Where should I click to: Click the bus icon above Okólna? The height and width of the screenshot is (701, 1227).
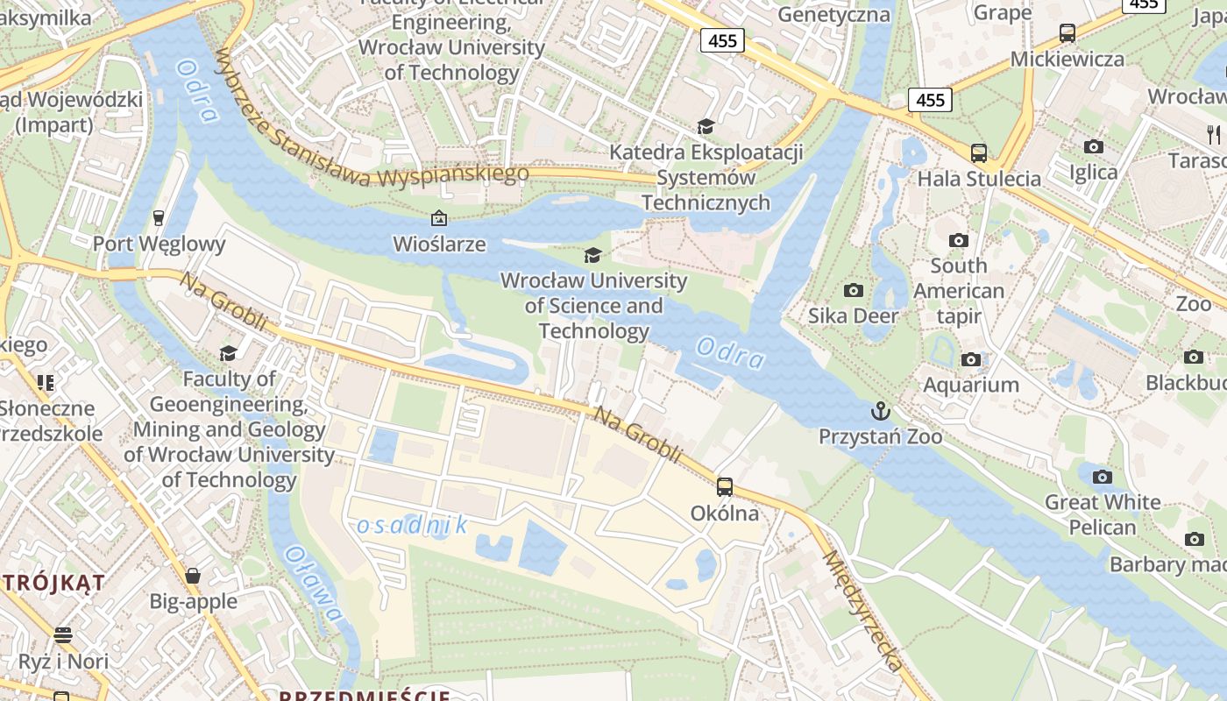(725, 486)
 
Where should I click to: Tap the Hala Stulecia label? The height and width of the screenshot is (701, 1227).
(979, 179)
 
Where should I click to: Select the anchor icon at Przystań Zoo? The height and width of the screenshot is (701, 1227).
(880, 411)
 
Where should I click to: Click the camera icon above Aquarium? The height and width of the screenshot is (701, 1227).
(971, 359)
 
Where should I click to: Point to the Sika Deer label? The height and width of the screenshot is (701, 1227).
(853, 315)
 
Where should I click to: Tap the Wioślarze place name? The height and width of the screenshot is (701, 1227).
(439, 244)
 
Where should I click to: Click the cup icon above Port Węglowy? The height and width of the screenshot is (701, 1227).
(159, 217)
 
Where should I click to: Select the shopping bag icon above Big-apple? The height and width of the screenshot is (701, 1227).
(193, 576)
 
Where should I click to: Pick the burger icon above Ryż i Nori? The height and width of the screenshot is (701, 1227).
(62, 635)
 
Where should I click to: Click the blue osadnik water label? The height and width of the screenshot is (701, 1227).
(412, 525)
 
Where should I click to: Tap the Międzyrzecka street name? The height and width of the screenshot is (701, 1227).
(862, 611)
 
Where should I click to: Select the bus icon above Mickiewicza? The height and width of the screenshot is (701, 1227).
(1067, 33)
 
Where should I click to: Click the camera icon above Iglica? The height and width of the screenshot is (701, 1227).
(1093, 146)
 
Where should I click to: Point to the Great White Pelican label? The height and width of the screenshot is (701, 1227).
(1102, 514)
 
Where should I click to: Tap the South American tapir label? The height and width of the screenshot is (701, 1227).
(959, 291)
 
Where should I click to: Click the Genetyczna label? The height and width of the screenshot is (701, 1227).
(833, 14)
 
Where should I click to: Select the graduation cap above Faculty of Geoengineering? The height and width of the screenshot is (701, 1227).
(228, 353)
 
